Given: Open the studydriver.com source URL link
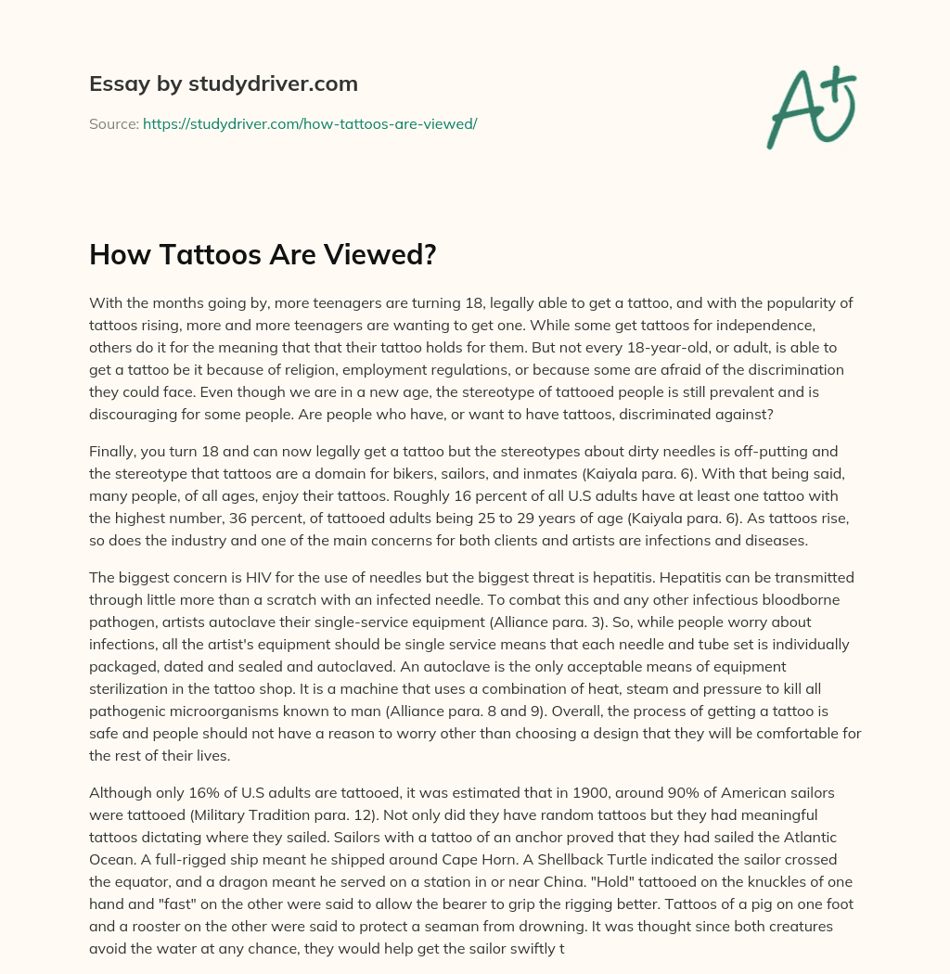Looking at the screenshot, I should point(310,123).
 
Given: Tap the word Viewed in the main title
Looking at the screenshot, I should point(384,254).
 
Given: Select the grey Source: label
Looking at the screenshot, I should point(113,123).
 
